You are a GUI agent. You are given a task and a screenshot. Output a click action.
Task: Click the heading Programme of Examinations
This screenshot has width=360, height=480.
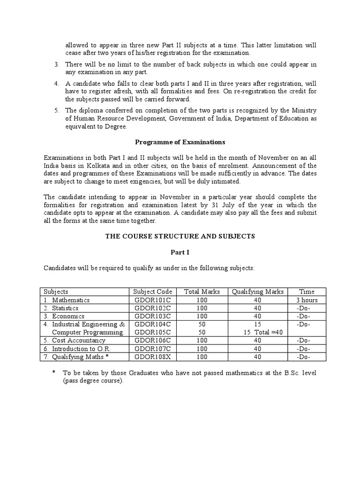tap(180, 142)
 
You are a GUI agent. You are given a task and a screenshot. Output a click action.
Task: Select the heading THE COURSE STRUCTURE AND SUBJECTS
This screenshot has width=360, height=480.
tap(180, 236)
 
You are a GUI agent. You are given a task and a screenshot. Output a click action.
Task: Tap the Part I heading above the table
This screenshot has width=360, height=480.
tap(180, 252)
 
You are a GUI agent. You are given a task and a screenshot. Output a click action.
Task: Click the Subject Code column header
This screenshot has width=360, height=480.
tap(152, 292)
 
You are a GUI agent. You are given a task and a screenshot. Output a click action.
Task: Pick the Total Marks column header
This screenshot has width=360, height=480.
tap(202, 292)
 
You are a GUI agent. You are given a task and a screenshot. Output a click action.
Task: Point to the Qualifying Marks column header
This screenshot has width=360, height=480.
tap(257, 292)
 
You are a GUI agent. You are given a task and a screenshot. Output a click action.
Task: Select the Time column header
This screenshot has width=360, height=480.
tap(307, 292)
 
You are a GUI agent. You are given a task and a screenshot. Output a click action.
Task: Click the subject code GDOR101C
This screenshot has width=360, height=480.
tap(152, 300)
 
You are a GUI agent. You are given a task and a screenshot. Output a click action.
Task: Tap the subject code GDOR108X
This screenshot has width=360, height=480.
tap(152, 357)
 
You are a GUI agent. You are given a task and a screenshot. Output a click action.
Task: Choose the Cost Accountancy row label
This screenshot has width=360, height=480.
tap(78, 340)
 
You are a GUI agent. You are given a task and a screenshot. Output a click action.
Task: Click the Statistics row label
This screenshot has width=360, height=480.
tap(65, 308)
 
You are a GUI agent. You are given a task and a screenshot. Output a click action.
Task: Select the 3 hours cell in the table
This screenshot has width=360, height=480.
tap(307, 300)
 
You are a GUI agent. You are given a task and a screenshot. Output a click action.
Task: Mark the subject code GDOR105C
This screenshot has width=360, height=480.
tap(152, 332)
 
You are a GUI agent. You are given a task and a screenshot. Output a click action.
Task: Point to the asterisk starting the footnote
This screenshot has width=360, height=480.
tap(54, 373)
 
